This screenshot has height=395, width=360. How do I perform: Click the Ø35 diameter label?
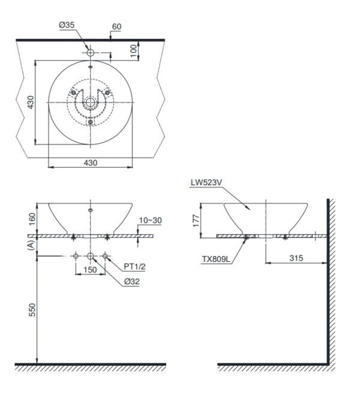67,25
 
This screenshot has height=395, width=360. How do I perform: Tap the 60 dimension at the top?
116,26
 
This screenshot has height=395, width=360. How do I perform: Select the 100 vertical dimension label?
134,50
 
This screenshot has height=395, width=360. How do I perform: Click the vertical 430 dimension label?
31,102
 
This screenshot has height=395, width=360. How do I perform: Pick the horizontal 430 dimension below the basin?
91,163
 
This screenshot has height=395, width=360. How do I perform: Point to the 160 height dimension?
32,219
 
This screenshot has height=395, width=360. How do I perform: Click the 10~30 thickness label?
150,221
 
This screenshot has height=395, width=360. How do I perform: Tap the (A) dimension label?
31,245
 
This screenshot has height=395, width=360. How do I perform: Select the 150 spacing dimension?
90,270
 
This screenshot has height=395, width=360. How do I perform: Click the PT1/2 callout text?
134,267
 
